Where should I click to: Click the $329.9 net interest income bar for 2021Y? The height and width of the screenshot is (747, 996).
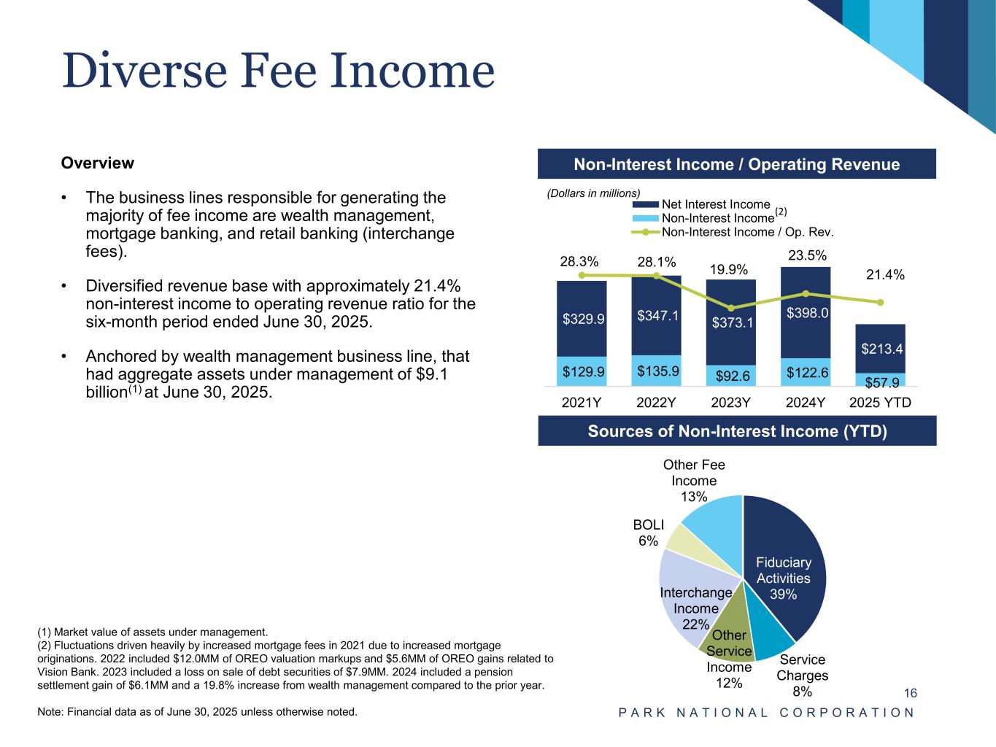coord(582,319)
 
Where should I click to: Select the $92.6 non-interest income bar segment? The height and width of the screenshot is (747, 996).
coord(730,376)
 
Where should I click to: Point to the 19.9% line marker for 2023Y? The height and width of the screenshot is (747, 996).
coord(731,308)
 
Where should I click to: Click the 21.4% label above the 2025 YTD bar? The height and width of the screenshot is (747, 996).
coord(885,275)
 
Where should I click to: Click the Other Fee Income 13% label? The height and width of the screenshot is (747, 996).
coord(694,481)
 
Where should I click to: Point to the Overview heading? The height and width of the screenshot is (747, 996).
coord(98,163)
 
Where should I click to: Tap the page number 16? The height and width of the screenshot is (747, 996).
coord(910,693)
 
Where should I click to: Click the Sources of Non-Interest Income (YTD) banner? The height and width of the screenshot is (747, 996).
coord(737,431)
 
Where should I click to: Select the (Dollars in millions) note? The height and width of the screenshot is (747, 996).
coord(593,193)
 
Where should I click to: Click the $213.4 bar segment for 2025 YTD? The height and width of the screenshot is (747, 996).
coord(880,349)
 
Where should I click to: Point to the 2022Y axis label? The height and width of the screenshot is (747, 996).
coord(656,402)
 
